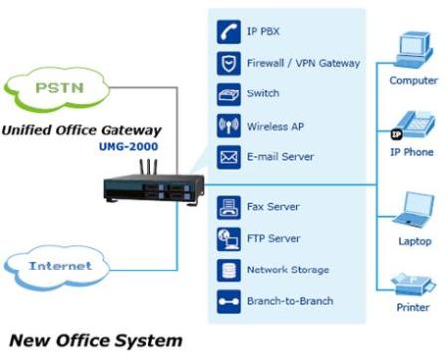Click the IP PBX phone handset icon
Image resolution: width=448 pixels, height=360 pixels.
pyautogui.click(x=229, y=32)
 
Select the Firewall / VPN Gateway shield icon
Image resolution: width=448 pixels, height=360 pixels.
pyautogui.click(x=229, y=63)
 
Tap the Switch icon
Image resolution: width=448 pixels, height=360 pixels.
pyautogui.click(x=229, y=94)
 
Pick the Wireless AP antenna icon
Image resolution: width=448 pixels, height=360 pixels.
pyautogui.click(x=229, y=126)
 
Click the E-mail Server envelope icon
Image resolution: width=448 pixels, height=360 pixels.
pyautogui.click(x=229, y=157)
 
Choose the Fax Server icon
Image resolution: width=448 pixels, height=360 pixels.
pyautogui.click(x=229, y=208)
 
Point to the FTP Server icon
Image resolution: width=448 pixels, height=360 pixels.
pyautogui.click(x=229, y=239)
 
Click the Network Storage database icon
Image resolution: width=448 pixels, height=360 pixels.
pyautogui.click(x=229, y=270)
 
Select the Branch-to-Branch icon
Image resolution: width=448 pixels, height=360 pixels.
pyautogui.click(x=229, y=302)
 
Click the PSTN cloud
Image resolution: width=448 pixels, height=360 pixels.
pyautogui.click(x=57, y=89)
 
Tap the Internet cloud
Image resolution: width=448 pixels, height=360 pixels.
pyautogui.click(x=57, y=268)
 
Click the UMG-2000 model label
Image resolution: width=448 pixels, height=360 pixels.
pyautogui.click(x=128, y=146)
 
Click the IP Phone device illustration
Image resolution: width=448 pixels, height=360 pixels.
pyautogui.click(x=414, y=125)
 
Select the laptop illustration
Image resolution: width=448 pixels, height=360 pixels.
pyautogui.click(x=415, y=210)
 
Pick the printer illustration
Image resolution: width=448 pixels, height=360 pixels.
pyautogui.click(x=414, y=284)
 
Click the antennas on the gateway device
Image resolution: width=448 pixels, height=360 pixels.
pyautogui.click(x=148, y=167)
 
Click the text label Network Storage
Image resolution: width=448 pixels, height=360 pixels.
pyautogui.click(x=288, y=270)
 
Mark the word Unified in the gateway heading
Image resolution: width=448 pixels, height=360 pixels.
pyautogui.click(x=26, y=130)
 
